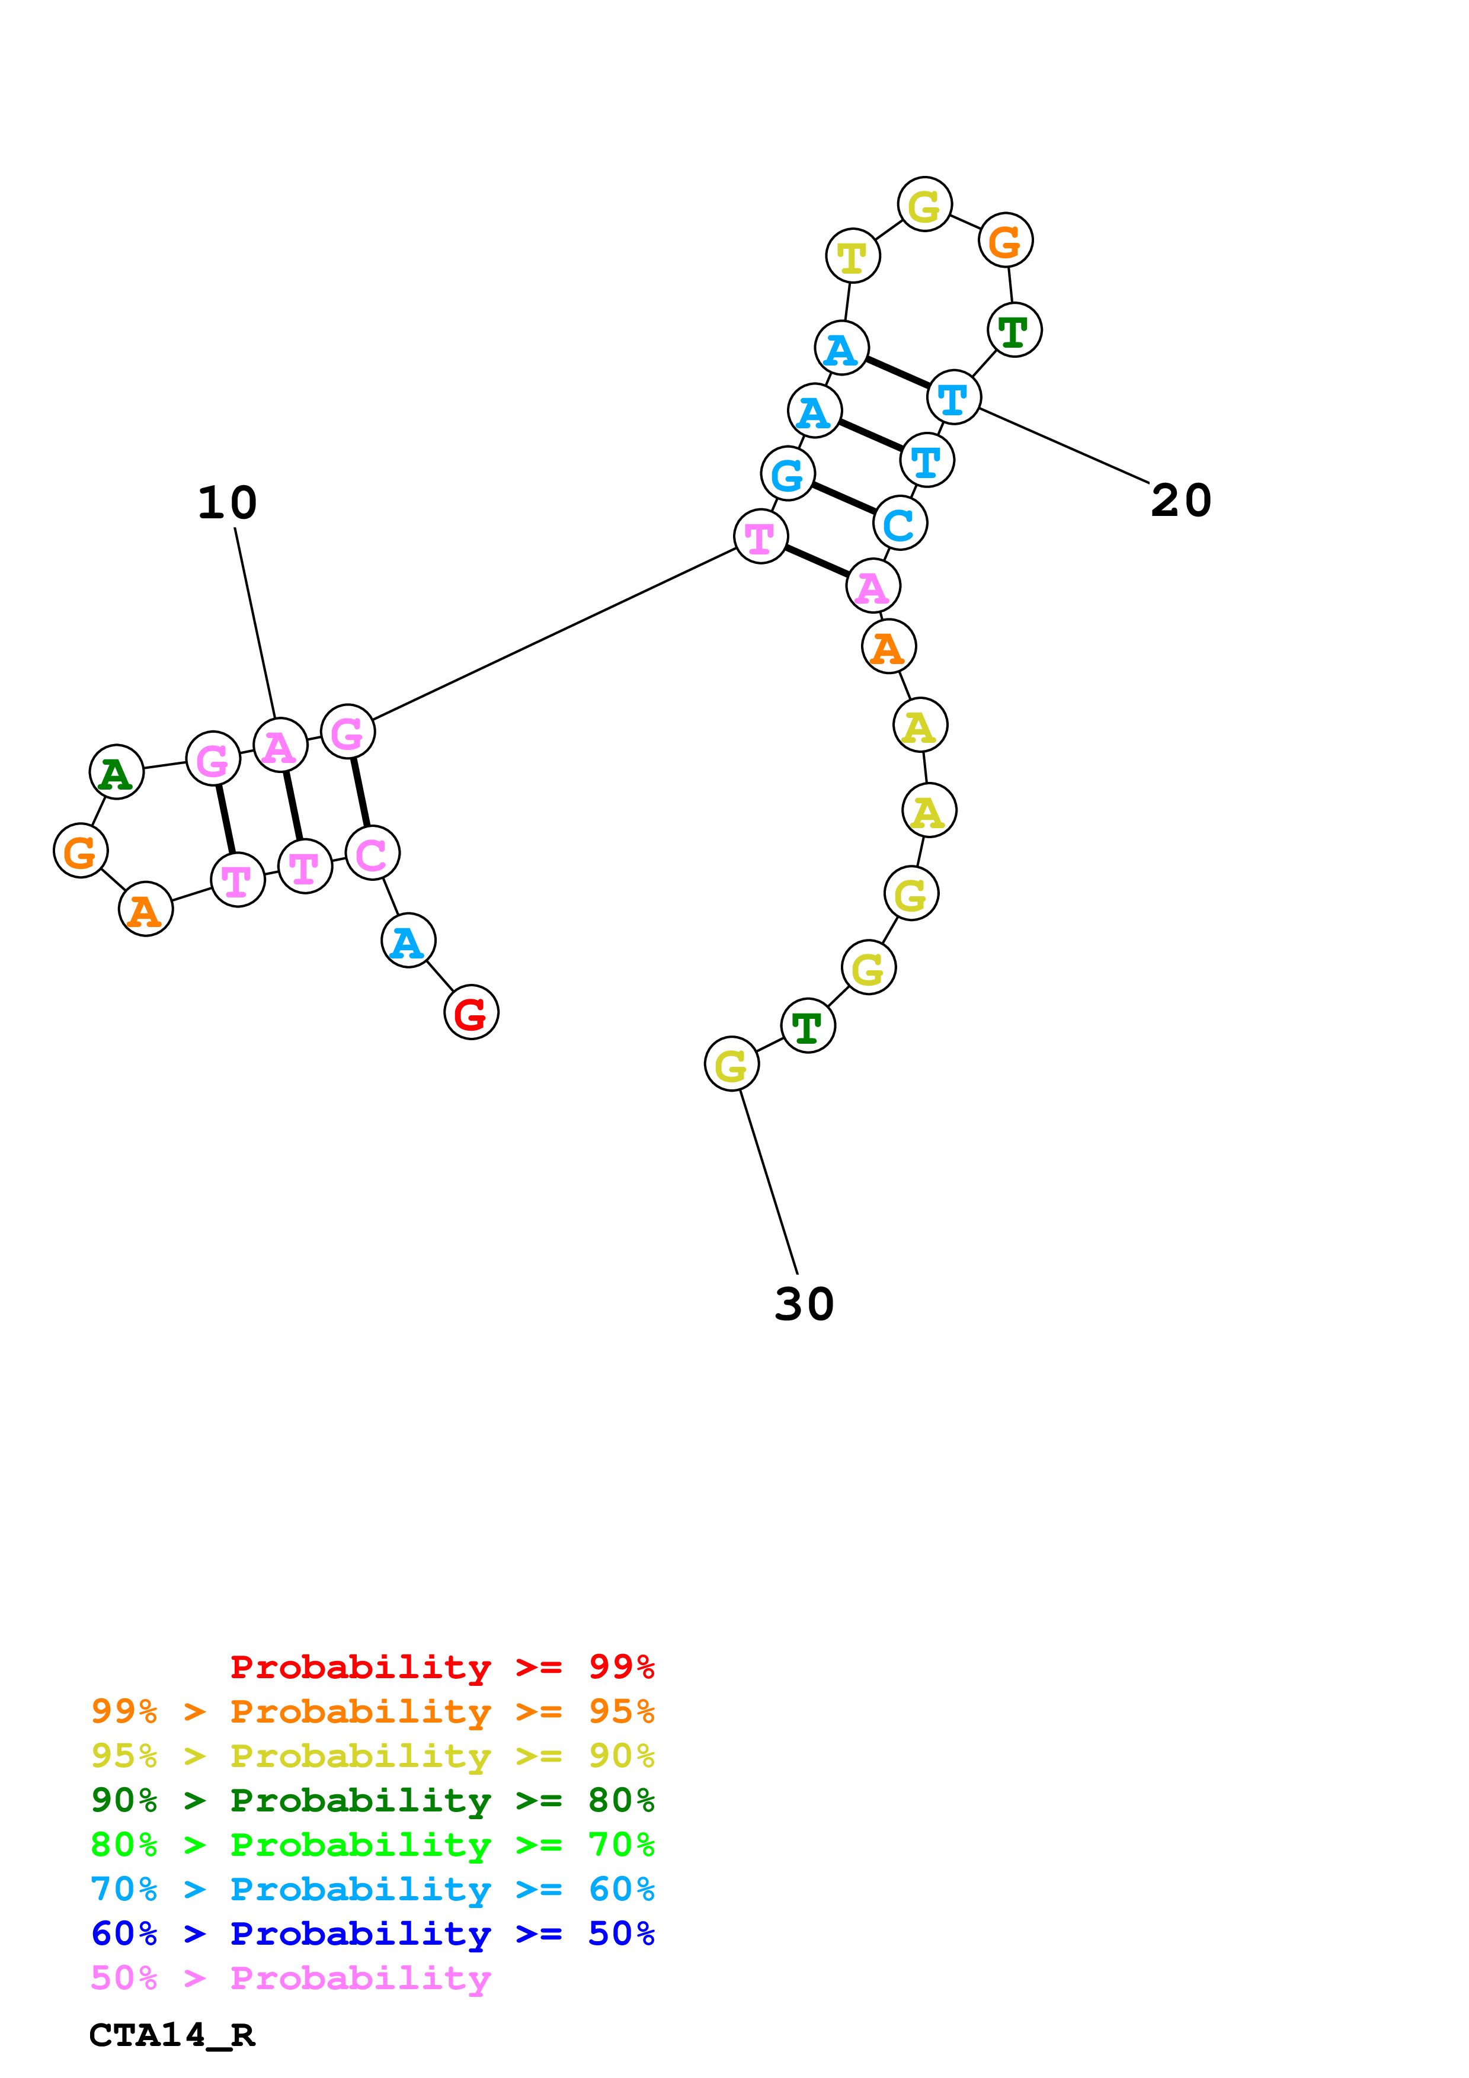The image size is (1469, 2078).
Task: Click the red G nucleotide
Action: tap(471, 1012)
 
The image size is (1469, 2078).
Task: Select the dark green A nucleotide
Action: tap(117, 772)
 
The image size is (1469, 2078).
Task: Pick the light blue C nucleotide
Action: tap(900, 523)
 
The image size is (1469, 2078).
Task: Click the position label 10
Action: tap(227, 502)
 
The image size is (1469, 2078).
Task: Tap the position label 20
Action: tap(1180, 501)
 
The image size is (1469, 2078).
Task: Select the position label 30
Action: tap(804, 1304)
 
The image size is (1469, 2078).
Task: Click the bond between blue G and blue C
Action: tap(844, 499)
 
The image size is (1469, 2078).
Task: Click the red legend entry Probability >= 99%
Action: tap(441, 1666)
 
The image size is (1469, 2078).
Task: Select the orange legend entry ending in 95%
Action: tap(372, 1711)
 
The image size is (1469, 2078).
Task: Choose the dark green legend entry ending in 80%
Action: tap(372, 1800)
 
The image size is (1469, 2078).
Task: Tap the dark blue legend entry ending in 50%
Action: tap(372, 1933)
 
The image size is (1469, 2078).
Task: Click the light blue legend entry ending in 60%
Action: tap(372, 1889)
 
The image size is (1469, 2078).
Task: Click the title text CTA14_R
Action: tap(172, 2035)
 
